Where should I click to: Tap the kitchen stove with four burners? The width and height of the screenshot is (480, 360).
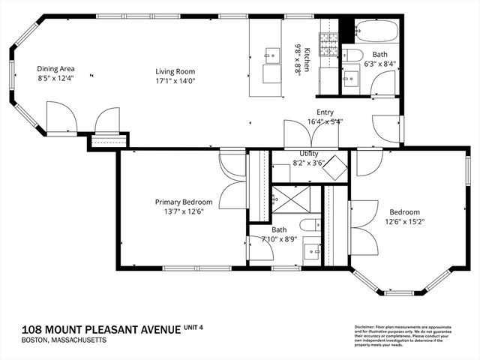coord(329,45)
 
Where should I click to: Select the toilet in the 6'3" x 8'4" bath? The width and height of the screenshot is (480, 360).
coord(354,54)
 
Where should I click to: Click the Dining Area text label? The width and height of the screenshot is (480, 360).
coord(57,69)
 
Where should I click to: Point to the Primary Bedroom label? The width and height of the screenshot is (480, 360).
coord(184,202)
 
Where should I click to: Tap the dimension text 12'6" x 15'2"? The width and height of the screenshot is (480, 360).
coord(404,221)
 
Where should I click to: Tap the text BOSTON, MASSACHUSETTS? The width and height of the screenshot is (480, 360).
coord(54,340)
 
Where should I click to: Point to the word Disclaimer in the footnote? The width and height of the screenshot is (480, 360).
coord(366,328)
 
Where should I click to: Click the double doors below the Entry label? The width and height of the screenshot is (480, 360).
coord(310,133)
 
